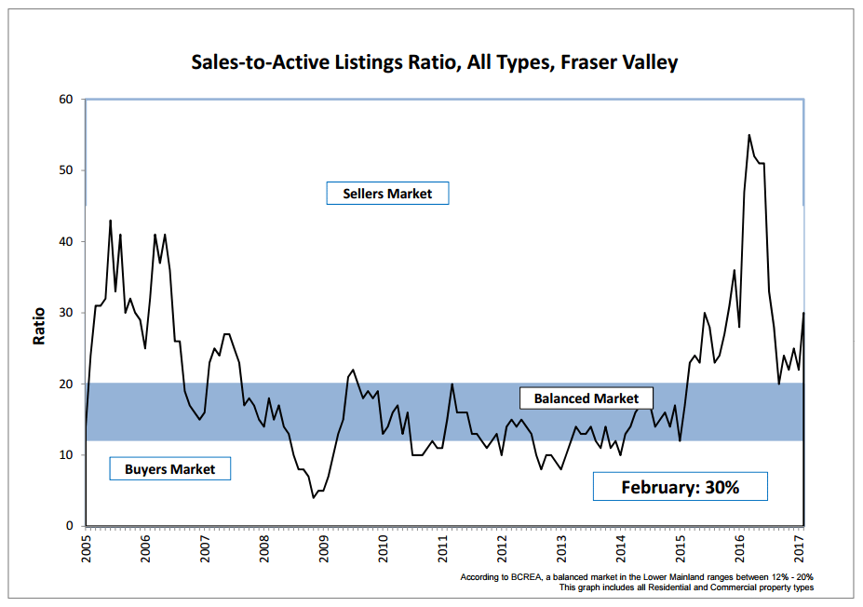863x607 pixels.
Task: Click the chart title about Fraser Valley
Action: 434,63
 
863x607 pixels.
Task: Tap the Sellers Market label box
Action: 387,194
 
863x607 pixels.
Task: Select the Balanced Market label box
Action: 587,398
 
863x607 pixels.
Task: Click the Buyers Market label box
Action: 169,469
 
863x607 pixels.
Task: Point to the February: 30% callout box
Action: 680,486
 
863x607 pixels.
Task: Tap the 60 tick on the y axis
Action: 66,99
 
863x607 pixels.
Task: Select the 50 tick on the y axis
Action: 66,170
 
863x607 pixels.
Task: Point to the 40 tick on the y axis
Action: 66,242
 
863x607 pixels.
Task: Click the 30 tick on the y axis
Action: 66,313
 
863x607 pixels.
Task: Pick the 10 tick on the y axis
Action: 66,455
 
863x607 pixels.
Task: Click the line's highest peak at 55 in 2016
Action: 749,135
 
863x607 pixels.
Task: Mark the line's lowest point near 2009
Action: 314,498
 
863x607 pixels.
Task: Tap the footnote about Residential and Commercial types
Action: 686,588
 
